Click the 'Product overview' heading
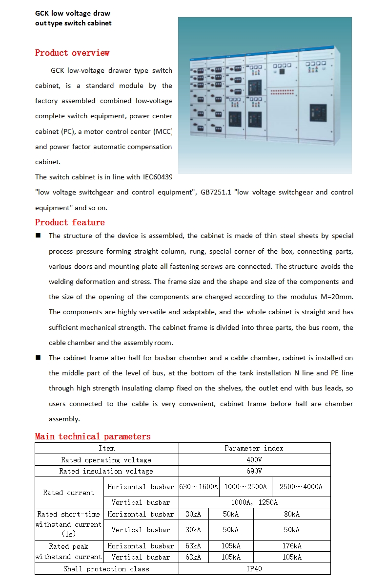[x=72, y=53]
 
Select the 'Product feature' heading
[x=70, y=222]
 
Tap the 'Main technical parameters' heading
[x=93, y=436]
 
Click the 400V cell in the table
[x=254, y=460]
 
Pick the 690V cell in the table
[x=254, y=471]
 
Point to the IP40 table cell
[x=254, y=569]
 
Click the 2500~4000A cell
[x=301, y=487]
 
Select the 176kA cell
[x=292, y=546]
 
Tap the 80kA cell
[x=292, y=514]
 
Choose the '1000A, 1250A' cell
[x=254, y=502]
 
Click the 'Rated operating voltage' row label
[x=106, y=460]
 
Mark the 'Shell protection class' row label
[x=106, y=569]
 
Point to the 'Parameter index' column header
[x=254, y=448]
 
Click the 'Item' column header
[x=106, y=448]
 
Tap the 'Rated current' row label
[x=69, y=493]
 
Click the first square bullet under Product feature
[x=38, y=236]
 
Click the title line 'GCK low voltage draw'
[x=73, y=13]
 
